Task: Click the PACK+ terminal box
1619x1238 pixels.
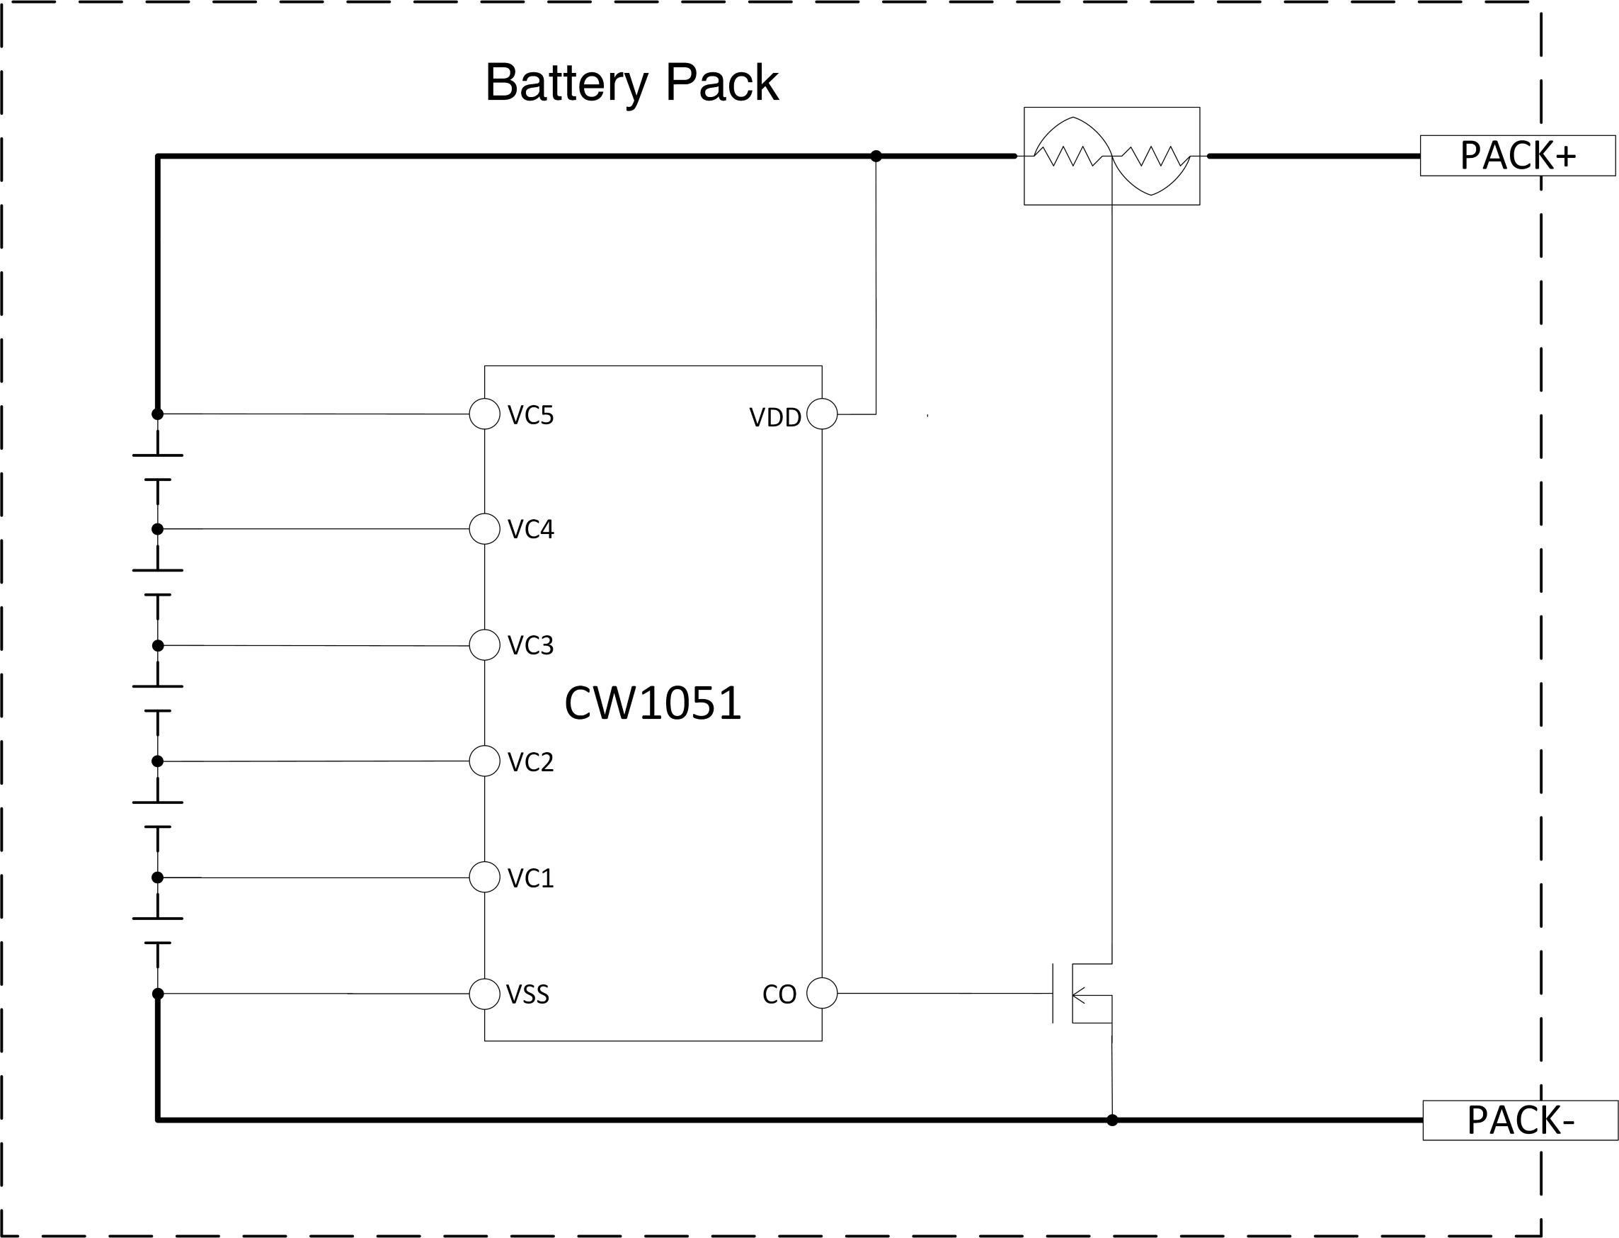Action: click(1516, 156)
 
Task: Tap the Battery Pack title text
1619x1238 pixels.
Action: click(631, 83)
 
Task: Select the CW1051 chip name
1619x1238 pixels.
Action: click(653, 703)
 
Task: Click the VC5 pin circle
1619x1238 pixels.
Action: click(485, 414)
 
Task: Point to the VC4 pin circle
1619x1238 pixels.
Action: click(485, 528)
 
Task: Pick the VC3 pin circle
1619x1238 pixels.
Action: click(485, 644)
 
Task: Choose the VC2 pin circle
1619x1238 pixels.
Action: click(485, 761)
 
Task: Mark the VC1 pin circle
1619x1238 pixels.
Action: click(485, 877)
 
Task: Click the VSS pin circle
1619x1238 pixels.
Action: click(485, 994)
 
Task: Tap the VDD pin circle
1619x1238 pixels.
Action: click(822, 414)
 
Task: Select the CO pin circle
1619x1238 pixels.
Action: click(822, 993)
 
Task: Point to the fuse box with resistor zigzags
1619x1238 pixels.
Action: click(1111, 157)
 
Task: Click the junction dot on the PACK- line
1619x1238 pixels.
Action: click(1112, 1120)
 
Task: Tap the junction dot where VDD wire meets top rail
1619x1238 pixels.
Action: click(876, 157)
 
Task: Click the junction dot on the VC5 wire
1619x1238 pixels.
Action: click(158, 414)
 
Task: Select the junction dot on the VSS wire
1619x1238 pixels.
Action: click(158, 994)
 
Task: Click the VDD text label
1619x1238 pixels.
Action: click(775, 418)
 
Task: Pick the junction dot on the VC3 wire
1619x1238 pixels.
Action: click(158, 645)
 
